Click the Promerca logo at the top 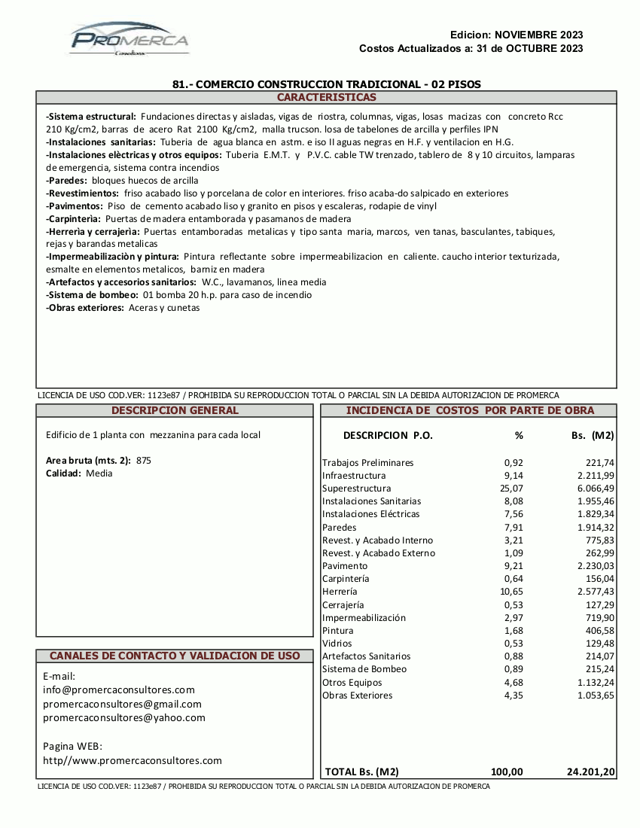(x=130, y=39)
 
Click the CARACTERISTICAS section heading (x=326, y=98)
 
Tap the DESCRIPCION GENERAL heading (x=175, y=411)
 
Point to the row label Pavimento (x=345, y=566)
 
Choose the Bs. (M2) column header (x=593, y=436)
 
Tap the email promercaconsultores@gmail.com (x=123, y=705)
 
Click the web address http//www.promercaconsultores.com (x=133, y=761)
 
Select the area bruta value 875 (x=144, y=461)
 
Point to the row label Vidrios (x=337, y=644)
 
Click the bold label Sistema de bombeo (x=92, y=295)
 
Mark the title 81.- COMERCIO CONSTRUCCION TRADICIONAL (x=327, y=84)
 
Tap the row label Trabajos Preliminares (x=367, y=463)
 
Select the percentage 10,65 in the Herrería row (x=513, y=592)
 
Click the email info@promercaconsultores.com (x=119, y=690)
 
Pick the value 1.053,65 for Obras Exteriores (x=595, y=696)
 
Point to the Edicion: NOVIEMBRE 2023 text (x=517, y=35)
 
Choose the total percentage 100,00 (x=507, y=772)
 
